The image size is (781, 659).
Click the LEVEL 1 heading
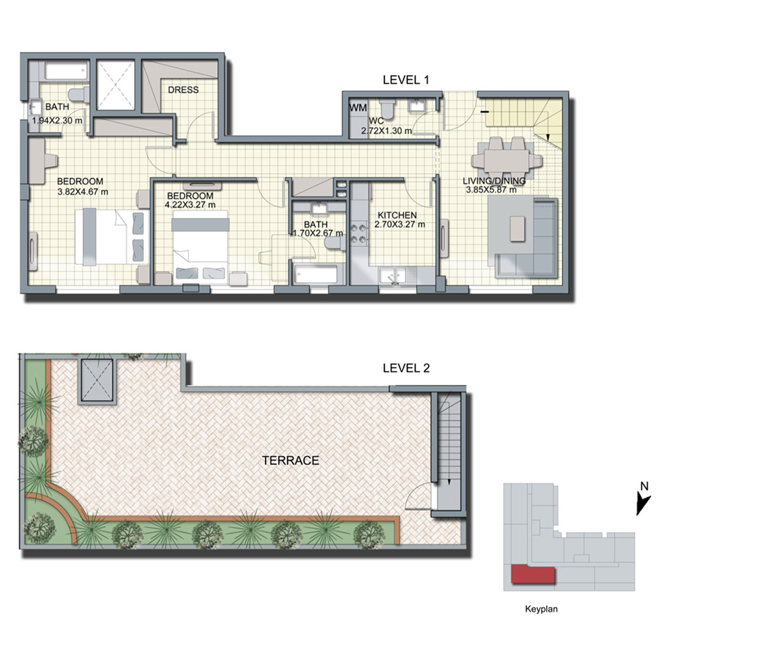[x=406, y=80]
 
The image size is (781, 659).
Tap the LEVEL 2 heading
[x=406, y=368]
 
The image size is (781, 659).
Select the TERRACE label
[x=291, y=460]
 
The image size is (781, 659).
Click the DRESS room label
[x=183, y=90]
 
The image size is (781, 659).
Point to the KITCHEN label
[x=397, y=215]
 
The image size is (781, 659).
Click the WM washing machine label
[x=358, y=108]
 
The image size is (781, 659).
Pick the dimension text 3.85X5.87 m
[x=491, y=190]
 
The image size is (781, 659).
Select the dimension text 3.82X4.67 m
[x=83, y=192]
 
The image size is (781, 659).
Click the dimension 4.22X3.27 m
[x=190, y=205]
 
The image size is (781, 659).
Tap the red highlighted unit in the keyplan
[x=533, y=574]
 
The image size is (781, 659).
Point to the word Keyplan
[x=541, y=609]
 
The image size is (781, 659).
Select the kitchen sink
[x=393, y=275]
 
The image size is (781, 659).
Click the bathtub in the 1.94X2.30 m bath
[x=66, y=71]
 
